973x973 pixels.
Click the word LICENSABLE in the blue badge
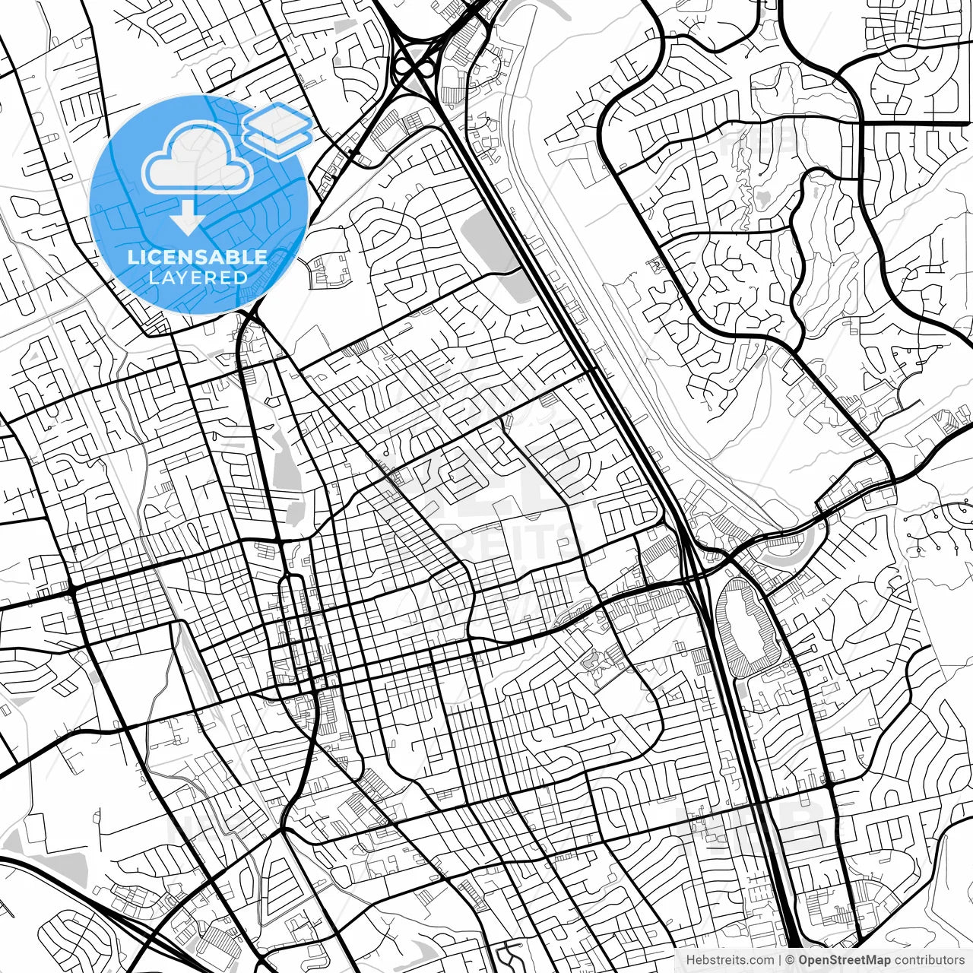coord(198,257)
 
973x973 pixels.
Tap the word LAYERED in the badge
coord(198,277)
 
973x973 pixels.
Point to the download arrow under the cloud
coord(187,217)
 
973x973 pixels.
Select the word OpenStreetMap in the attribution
coord(843,960)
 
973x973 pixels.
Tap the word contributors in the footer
coord(928,960)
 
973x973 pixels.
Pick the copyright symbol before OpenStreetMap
coord(791,960)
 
